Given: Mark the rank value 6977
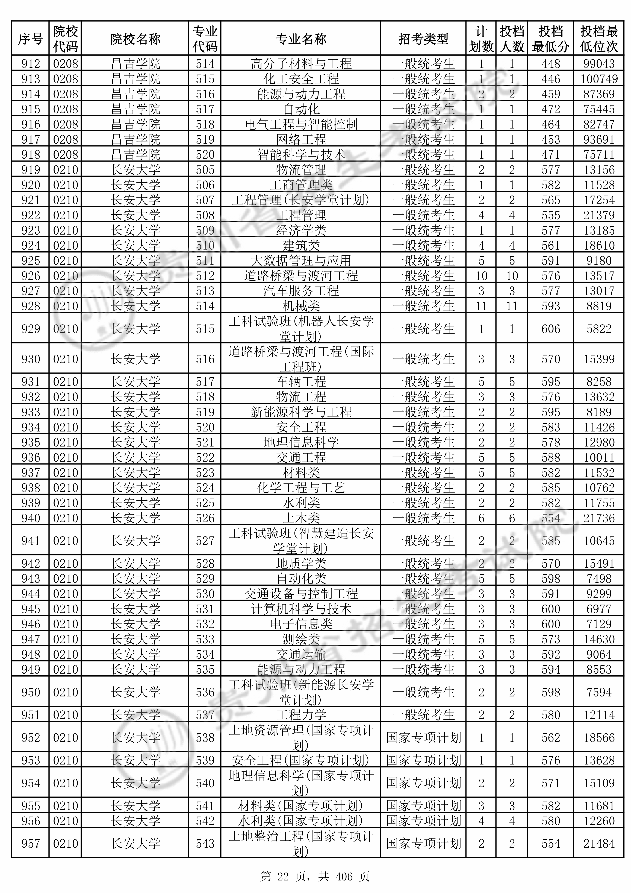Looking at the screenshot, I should point(599,609).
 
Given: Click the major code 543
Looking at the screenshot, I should point(205,844).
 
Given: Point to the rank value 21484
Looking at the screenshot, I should point(599,844).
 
